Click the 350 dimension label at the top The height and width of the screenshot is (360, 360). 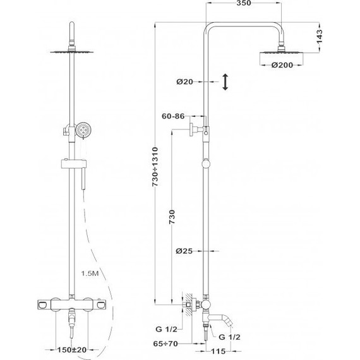pos(244,3)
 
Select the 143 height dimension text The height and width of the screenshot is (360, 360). pos(320,36)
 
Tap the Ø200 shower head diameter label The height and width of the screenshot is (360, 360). pos(282,65)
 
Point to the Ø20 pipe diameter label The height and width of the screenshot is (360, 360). pos(184,81)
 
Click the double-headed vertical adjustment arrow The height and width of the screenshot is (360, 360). pos(225,81)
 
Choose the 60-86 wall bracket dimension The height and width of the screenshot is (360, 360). pos(173,116)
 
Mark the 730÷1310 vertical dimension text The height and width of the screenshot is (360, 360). pos(155,167)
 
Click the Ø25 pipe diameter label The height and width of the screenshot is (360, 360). pos(184,251)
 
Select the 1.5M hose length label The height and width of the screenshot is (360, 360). pos(90,273)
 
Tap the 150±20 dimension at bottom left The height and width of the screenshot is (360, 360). pos(71,350)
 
